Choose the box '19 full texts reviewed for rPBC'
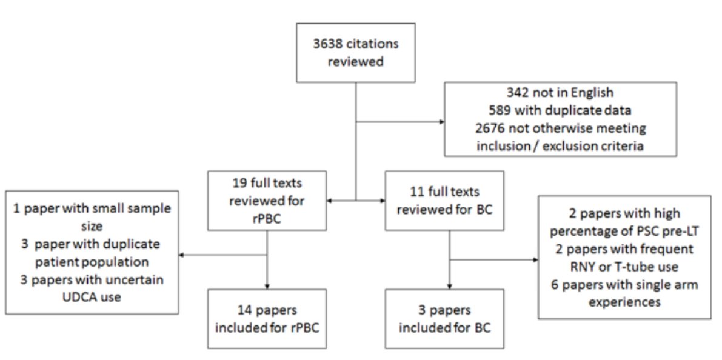pos(267,200)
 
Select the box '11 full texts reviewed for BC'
pos(445,200)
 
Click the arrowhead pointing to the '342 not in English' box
pos(440,121)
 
